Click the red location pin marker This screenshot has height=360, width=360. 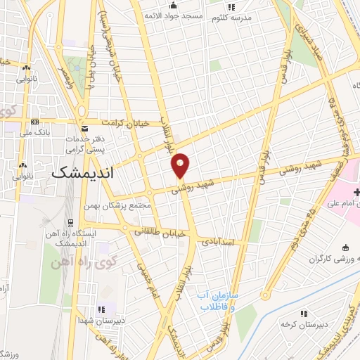[x=181, y=165]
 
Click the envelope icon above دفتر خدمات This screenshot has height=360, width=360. [x=84, y=129]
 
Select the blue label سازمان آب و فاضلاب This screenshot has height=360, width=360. [x=218, y=301]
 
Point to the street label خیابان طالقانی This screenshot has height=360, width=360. [x=159, y=230]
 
